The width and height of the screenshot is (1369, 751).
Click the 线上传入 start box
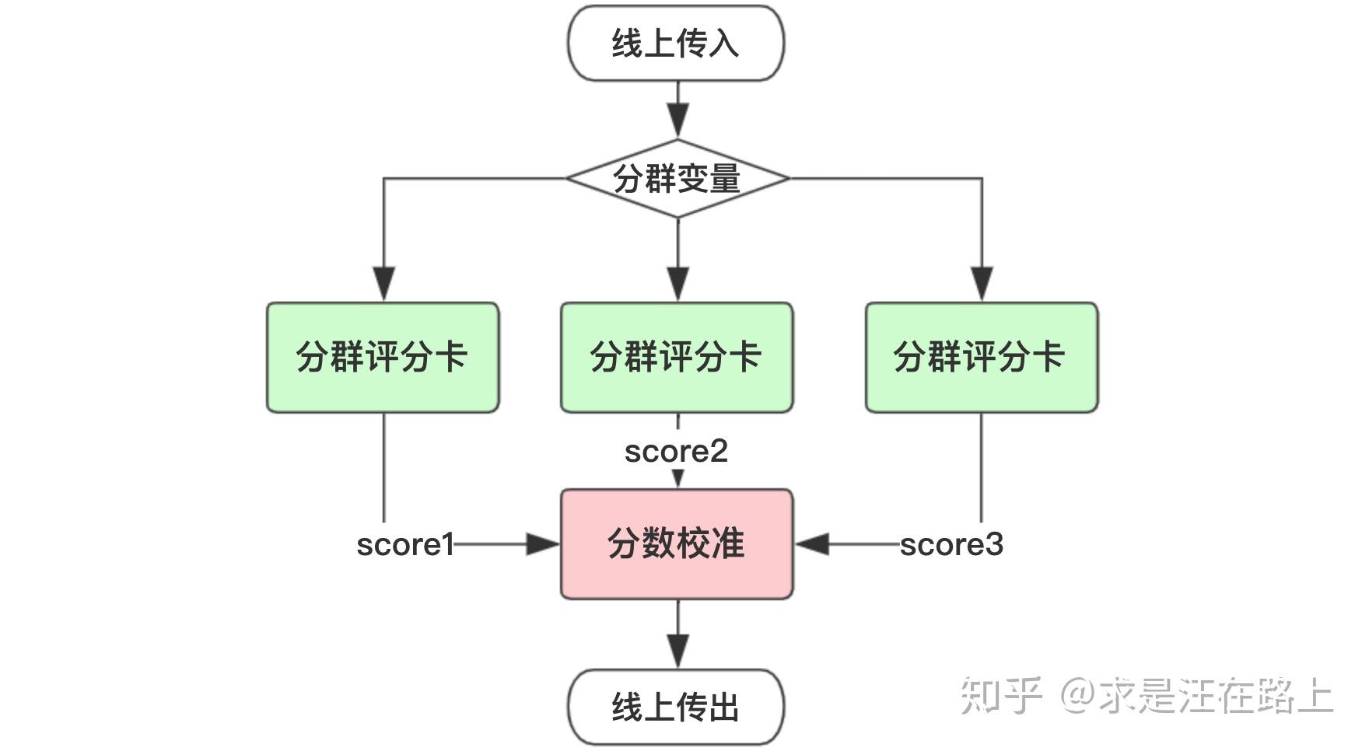tap(676, 43)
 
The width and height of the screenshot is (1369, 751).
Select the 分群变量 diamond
tap(677, 179)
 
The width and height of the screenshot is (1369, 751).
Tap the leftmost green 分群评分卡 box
tap(383, 357)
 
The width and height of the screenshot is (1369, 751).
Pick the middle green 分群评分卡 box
tap(677, 357)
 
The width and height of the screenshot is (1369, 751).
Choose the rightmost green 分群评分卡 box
tap(982, 357)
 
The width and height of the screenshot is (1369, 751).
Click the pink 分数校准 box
tap(677, 543)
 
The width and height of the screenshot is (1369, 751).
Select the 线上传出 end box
tap(676, 707)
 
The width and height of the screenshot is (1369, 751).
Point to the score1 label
tap(404, 544)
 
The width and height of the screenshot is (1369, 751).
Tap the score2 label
tap(676, 451)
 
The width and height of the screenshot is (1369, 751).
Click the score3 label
tap(951, 544)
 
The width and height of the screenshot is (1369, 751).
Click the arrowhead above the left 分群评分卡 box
tap(383, 284)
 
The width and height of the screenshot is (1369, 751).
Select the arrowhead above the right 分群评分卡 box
tap(982, 284)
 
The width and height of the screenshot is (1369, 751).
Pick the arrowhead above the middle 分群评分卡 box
tap(678, 284)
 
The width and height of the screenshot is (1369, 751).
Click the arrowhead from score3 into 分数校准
tap(812, 544)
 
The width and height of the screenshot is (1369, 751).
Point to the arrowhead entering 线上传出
tap(678, 651)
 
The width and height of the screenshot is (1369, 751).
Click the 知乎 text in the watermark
tap(1000, 695)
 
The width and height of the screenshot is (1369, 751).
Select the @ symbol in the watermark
tap(1078, 695)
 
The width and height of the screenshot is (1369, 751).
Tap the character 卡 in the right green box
tap(1048, 357)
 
